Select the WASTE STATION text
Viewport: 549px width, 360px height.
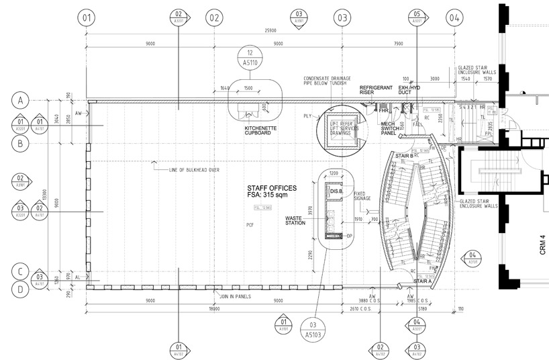[295, 219]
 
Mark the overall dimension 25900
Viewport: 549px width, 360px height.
[271, 31]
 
